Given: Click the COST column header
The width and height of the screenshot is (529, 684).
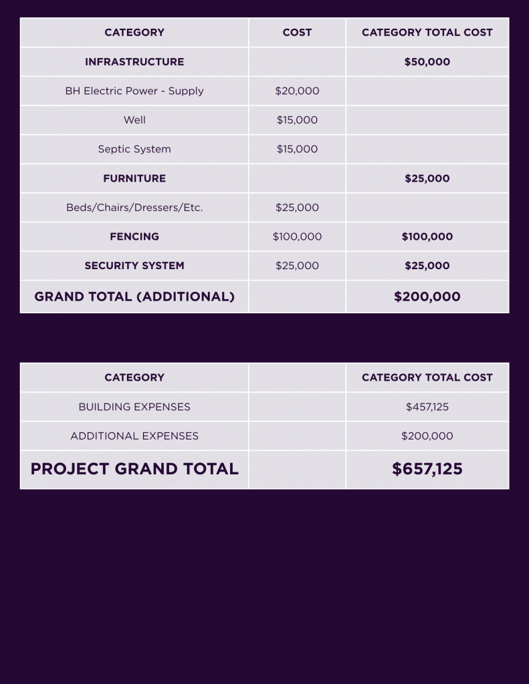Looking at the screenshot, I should pyautogui.click(x=297, y=32).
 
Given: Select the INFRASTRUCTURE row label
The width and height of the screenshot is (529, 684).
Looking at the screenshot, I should pyautogui.click(x=134, y=61).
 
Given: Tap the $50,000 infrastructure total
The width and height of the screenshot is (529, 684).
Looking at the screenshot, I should pyautogui.click(x=427, y=61).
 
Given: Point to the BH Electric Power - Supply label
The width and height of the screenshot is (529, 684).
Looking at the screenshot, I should pyautogui.click(x=134, y=91).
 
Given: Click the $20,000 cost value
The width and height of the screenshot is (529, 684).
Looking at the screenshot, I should pyautogui.click(x=297, y=91).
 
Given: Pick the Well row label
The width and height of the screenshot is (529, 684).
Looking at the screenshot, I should pyautogui.click(x=134, y=120).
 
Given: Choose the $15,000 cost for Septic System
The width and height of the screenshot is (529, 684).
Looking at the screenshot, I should pyautogui.click(x=297, y=149).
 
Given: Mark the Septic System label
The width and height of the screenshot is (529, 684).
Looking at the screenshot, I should pyautogui.click(x=134, y=149).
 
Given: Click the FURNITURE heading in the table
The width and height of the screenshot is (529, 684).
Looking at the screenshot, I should pyautogui.click(x=134, y=178).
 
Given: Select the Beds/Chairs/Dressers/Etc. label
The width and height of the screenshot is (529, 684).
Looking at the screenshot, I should pyautogui.click(x=134, y=208).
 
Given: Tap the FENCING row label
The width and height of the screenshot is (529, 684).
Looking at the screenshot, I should pyautogui.click(x=134, y=236).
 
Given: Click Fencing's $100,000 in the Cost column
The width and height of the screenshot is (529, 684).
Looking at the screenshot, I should pyautogui.click(x=297, y=236).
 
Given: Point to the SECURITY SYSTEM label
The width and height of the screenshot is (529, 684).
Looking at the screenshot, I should pyautogui.click(x=134, y=265).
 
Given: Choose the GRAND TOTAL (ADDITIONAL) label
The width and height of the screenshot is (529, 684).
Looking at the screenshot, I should pyautogui.click(x=134, y=297).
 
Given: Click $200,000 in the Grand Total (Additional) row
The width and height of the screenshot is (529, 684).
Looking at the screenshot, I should pyautogui.click(x=427, y=297).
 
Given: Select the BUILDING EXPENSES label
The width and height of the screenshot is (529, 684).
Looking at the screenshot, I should pyautogui.click(x=134, y=407).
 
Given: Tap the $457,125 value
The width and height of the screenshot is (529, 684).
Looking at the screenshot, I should pyautogui.click(x=427, y=407).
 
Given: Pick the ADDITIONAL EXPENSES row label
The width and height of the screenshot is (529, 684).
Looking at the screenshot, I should pyautogui.click(x=134, y=436).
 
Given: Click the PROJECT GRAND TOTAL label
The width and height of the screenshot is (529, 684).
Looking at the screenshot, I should pyautogui.click(x=134, y=469).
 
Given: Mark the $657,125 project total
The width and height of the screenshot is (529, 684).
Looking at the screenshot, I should pyautogui.click(x=427, y=469).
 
